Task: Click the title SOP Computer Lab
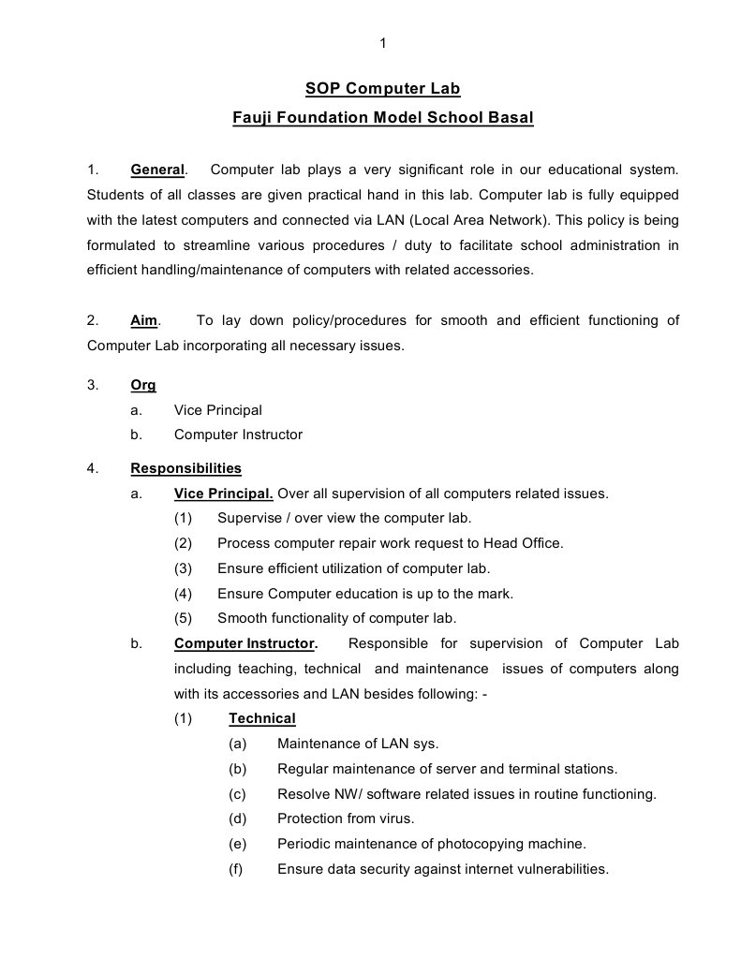tap(382, 89)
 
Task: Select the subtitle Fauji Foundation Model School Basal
tap(382, 118)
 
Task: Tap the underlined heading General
tap(157, 169)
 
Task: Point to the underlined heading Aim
tap(143, 320)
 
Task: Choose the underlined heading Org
tap(142, 385)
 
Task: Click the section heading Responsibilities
tap(185, 468)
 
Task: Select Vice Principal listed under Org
tap(217, 410)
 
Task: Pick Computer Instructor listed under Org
tap(238, 435)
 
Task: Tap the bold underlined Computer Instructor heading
tap(244, 643)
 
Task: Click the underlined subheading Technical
tap(261, 718)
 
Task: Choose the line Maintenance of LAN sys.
tap(357, 744)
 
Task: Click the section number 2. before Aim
tap(92, 320)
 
